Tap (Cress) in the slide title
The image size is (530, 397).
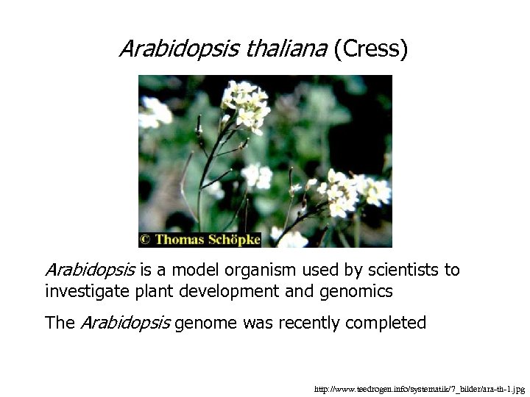pyautogui.click(x=370, y=49)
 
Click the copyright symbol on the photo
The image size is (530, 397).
pyautogui.click(x=146, y=239)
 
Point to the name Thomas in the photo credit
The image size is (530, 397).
pyautogui.click(x=183, y=239)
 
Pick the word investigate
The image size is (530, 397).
pyautogui.click(x=85, y=291)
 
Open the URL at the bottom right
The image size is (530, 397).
pyautogui.click(x=419, y=388)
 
